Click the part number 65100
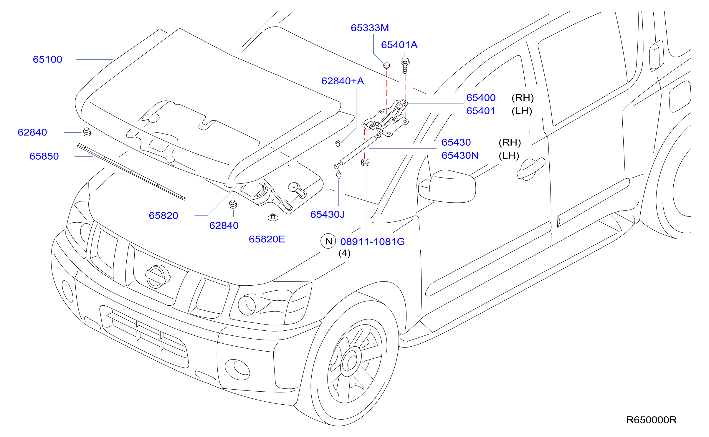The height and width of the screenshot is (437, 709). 47,59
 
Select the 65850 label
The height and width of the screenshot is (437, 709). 44,156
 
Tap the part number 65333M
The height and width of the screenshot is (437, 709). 370,28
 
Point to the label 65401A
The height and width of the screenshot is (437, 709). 399,45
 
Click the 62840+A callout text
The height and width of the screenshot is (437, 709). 343,81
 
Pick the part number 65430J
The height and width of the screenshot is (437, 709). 327,215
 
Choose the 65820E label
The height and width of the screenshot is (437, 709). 267,239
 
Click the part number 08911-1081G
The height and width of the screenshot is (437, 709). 372,242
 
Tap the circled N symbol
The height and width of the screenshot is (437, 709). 328,241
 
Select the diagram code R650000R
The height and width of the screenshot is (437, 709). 651,420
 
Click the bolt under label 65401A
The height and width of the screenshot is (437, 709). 405,65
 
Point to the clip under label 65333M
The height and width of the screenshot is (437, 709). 386,66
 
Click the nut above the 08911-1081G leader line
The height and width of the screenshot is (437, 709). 365,162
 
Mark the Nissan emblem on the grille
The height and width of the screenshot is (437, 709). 158,277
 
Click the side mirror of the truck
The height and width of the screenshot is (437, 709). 447,186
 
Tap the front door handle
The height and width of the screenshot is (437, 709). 531,169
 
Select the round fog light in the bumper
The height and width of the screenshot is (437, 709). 237,370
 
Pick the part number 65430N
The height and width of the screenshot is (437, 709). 460,156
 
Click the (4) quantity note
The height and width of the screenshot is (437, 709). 344,253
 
